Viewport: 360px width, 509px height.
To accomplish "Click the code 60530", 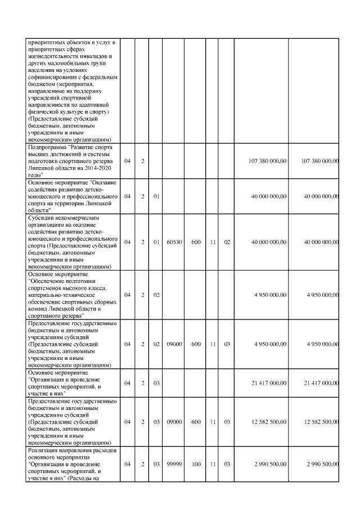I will [174, 242].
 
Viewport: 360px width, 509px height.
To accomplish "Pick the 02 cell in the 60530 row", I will [227, 242].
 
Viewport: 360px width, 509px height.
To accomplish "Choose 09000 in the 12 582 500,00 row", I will [174, 422].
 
